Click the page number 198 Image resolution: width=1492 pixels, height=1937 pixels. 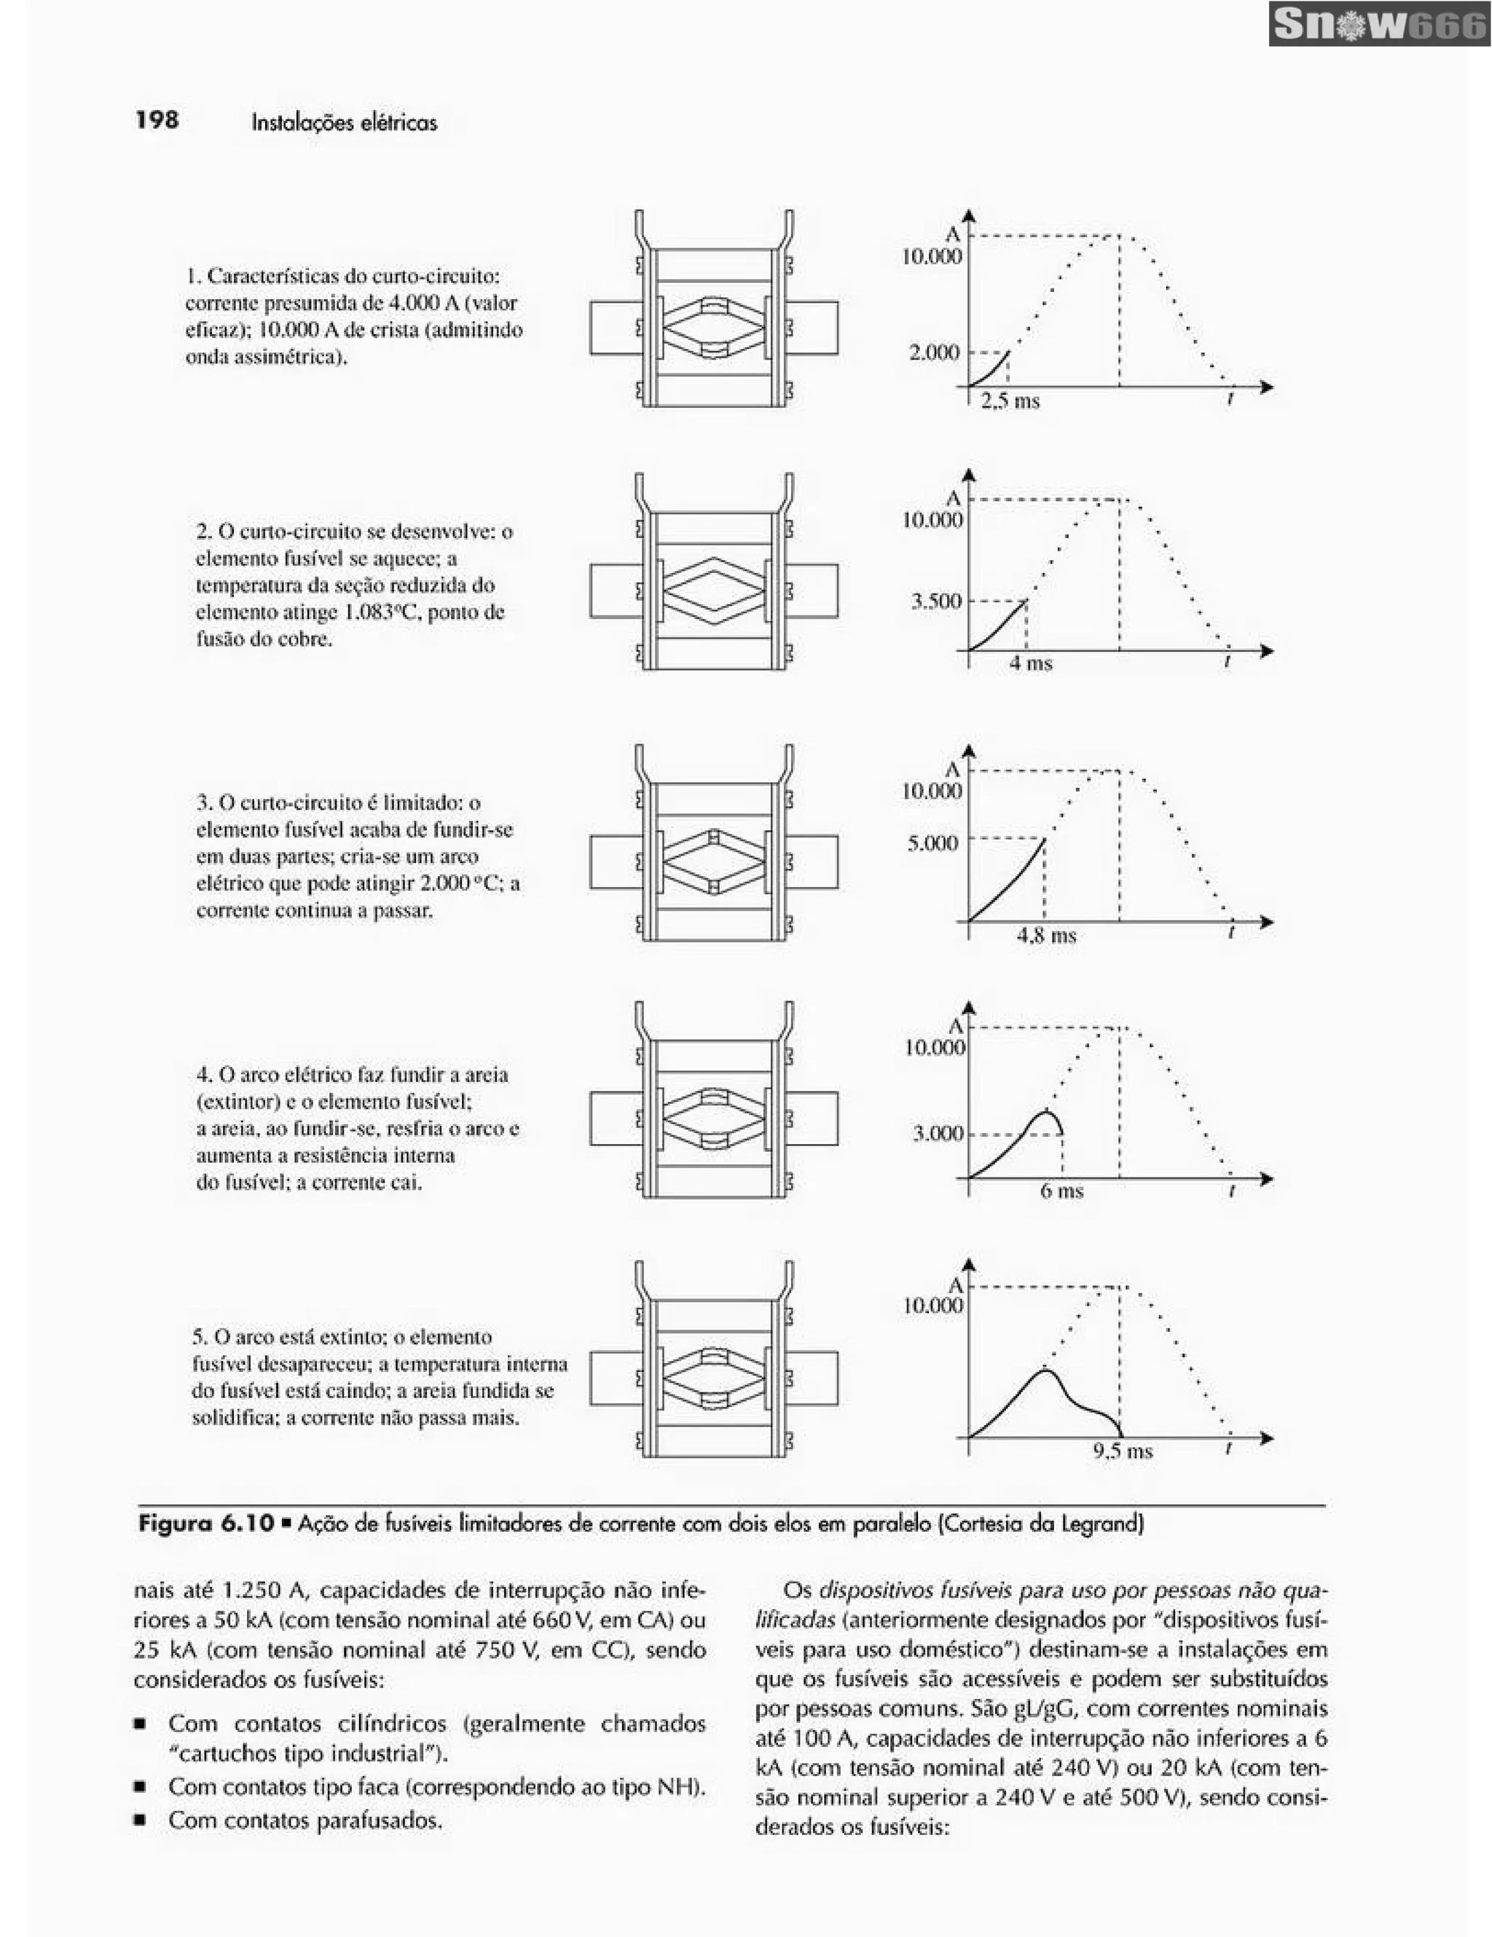click(x=157, y=119)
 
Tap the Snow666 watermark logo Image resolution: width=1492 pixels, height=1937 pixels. click(x=1378, y=25)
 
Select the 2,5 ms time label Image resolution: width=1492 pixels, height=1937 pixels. click(x=1010, y=401)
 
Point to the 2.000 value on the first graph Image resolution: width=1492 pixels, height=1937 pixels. click(x=934, y=352)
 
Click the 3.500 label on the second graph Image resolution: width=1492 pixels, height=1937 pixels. click(x=936, y=601)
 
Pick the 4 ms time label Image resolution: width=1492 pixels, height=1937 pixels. click(x=1030, y=663)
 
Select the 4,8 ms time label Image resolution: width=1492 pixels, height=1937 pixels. click(x=1046, y=936)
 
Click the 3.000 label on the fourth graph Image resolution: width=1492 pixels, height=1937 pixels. click(x=938, y=1134)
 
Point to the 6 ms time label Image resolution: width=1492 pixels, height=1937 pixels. click(x=1061, y=1191)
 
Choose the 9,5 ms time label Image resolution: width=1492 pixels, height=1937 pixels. click(x=1122, y=1451)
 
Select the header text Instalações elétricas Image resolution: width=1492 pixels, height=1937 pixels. click(x=344, y=122)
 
